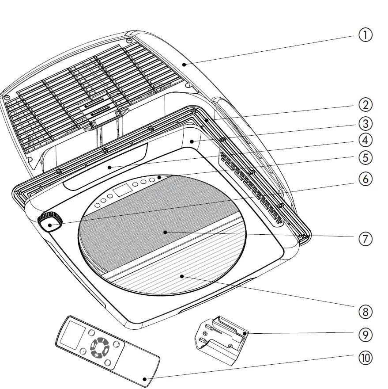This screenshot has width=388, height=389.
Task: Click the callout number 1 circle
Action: pyautogui.click(x=365, y=35)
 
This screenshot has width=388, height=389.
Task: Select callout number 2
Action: pyautogui.click(x=365, y=105)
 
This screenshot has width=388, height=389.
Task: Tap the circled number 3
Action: pyautogui.click(x=365, y=123)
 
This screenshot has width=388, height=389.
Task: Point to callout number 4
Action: pyautogui.click(x=365, y=141)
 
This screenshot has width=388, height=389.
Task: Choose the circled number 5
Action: pyautogui.click(x=365, y=157)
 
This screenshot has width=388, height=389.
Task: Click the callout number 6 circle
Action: pyautogui.click(x=365, y=179)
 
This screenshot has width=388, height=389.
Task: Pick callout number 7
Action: pyautogui.click(x=365, y=239)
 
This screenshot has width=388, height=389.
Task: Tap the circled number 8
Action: pyautogui.click(x=365, y=312)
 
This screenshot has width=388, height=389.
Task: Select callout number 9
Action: pyautogui.click(x=365, y=335)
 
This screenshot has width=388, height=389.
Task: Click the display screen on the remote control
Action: pyautogui.click(x=71, y=335)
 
